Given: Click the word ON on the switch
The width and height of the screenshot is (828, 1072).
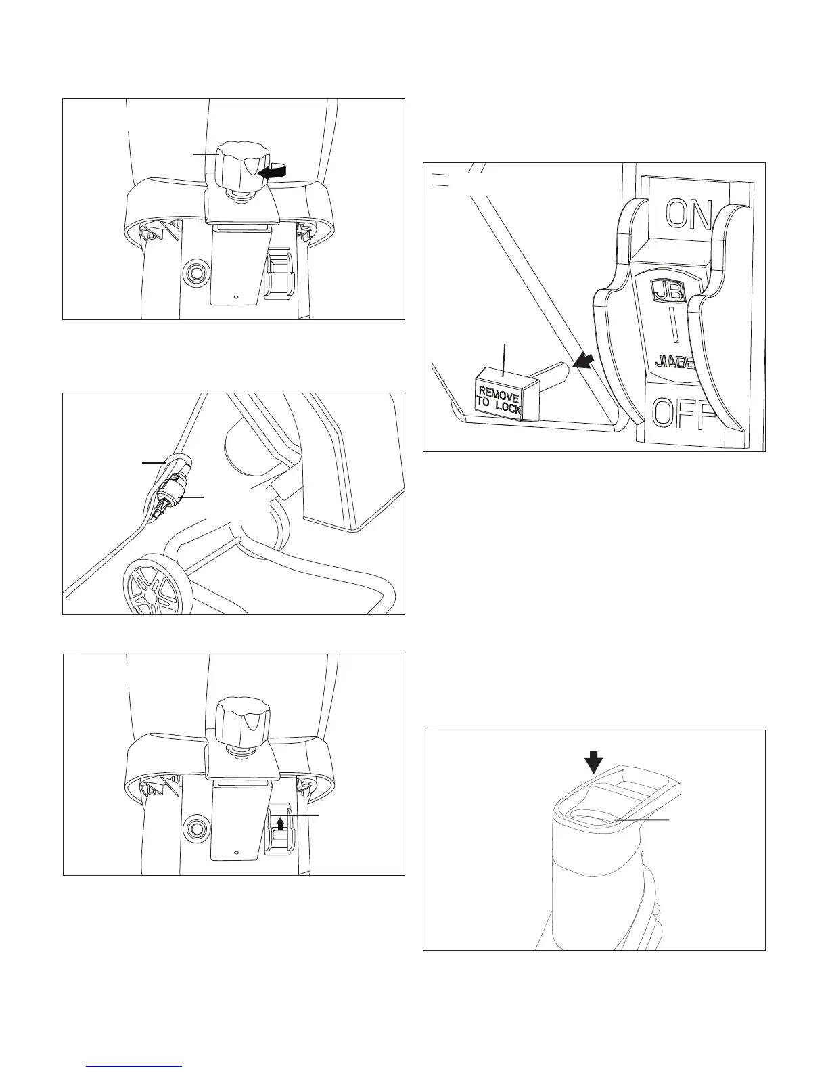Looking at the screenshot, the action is (x=689, y=214).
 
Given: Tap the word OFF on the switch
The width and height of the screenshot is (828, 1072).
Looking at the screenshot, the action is (x=683, y=414).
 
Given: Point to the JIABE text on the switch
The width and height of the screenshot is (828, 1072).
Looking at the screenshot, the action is (x=674, y=363).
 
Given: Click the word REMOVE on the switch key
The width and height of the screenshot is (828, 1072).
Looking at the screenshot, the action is (x=499, y=395).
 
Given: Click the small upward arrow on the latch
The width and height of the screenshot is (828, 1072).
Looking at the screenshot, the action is (x=281, y=823).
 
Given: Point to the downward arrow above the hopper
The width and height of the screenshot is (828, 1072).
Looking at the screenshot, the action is (x=594, y=762).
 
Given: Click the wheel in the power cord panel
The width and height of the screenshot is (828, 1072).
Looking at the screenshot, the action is (x=152, y=589).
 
